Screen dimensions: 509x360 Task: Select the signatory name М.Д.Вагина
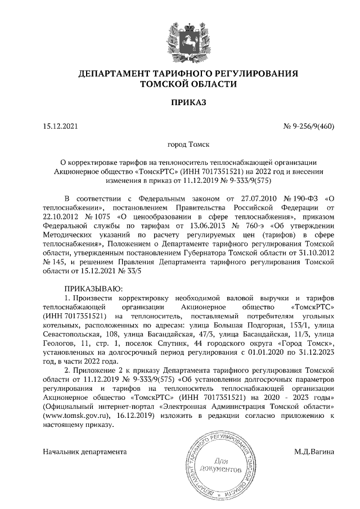click(x=314, y=452)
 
